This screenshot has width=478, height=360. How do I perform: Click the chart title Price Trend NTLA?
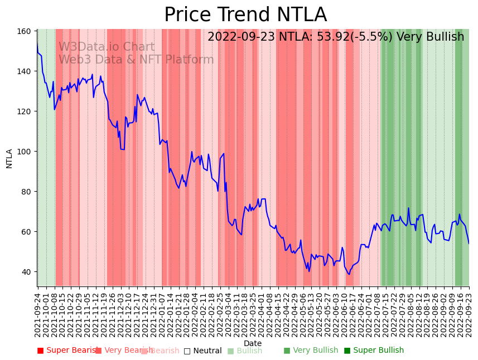pyautogui.click(x=245, y=15)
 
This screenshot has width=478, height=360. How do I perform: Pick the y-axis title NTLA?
pyautogui.click(x=9, y=158)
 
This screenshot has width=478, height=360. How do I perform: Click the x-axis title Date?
pyautogui.click(x=253, y=343)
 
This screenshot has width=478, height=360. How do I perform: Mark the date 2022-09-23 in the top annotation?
pyautogui.click(x=240, y=37)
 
